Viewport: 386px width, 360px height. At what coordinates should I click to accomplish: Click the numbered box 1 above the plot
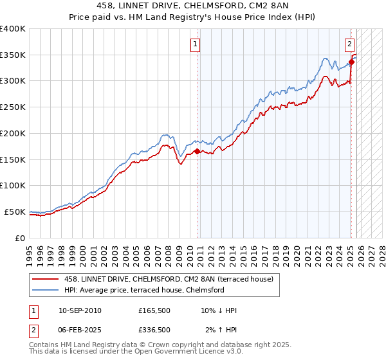195,44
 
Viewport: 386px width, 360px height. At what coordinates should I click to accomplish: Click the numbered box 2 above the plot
349,44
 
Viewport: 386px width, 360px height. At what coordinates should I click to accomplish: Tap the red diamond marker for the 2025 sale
351,62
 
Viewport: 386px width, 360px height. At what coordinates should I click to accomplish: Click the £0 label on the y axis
21,238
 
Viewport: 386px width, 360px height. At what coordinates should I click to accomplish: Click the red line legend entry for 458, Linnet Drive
169,279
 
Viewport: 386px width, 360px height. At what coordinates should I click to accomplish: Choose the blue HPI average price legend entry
143,290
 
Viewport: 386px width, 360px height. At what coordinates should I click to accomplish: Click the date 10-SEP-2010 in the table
80,310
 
